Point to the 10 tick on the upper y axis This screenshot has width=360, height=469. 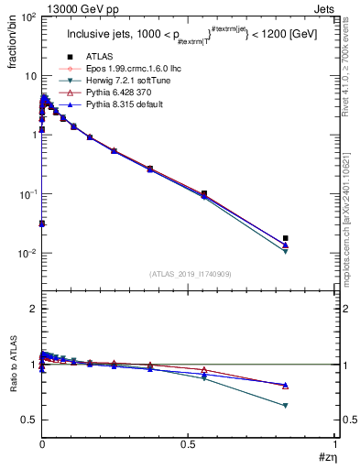click(x=28, y=75)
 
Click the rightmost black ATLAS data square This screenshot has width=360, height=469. click(x=286, y=238)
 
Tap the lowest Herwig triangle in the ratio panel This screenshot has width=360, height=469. click(x=286, y=405)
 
